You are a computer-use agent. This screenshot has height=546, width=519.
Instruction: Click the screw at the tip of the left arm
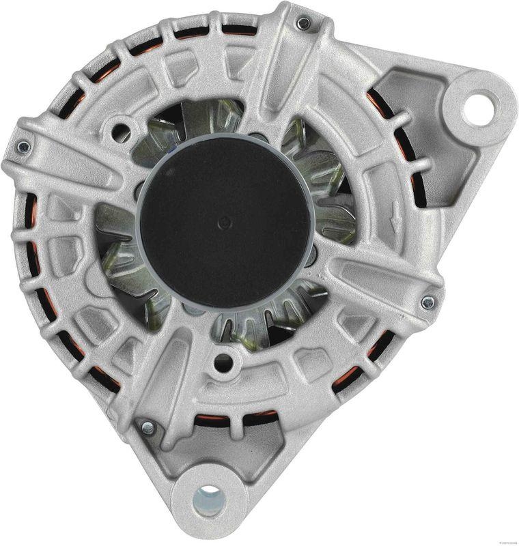[23, 147]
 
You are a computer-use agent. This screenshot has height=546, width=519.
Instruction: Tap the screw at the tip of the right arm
[427, 302]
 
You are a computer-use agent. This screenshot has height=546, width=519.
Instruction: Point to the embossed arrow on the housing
[395, 225]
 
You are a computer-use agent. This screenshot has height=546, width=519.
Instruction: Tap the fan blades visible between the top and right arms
[321, 171]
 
